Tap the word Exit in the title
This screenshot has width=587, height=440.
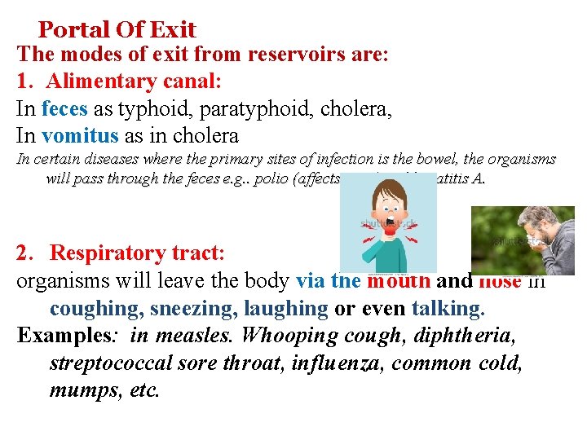173,30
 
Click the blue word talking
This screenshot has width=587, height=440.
448,310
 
